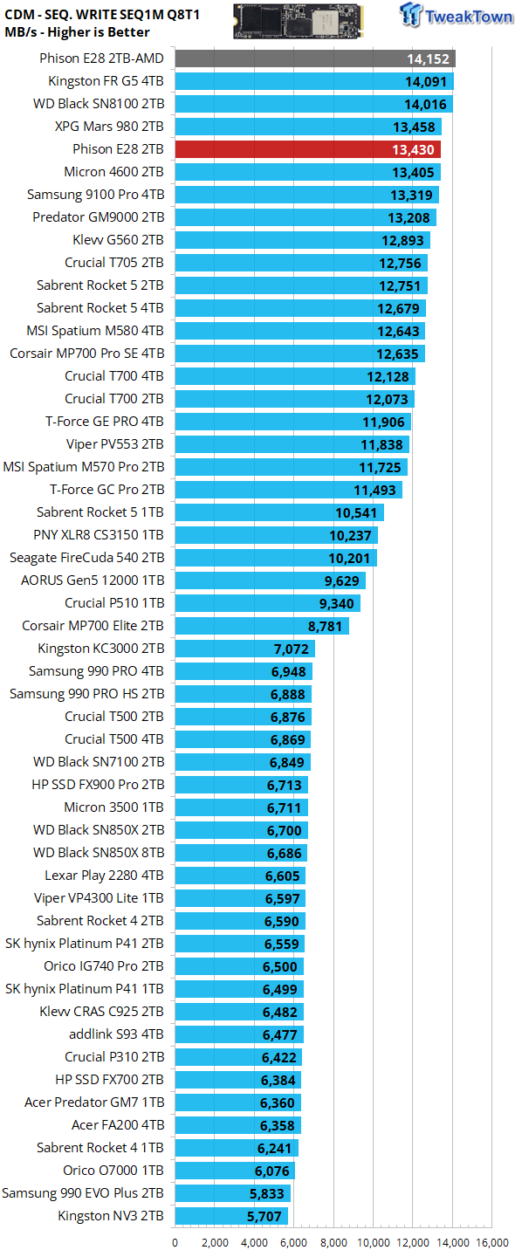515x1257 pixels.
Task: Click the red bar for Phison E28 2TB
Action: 308,149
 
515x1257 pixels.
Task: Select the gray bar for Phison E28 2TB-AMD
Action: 315,58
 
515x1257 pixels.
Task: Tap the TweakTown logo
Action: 457,15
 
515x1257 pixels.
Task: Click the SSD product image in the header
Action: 299,21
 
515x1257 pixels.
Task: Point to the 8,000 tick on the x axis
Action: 333,1243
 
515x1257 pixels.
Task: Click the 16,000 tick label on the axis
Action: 492,1243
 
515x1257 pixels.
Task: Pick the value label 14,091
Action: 426,82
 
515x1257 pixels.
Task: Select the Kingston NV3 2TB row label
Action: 111,1215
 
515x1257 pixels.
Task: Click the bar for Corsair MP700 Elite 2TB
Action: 262,626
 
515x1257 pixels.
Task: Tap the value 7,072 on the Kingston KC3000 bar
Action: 292,649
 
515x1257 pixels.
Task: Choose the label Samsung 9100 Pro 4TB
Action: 95,195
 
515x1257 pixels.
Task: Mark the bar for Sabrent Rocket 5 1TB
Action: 279,512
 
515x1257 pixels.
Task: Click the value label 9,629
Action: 341,580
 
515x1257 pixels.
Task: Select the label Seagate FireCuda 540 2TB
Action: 87,558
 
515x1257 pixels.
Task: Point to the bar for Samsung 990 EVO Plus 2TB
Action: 233,1193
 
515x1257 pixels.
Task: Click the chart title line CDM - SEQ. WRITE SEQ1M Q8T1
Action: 102,15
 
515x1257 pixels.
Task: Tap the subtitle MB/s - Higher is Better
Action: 77,32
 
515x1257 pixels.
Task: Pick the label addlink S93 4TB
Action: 116,1034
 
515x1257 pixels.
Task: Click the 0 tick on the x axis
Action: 175,1243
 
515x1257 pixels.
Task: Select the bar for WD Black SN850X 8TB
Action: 241,853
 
